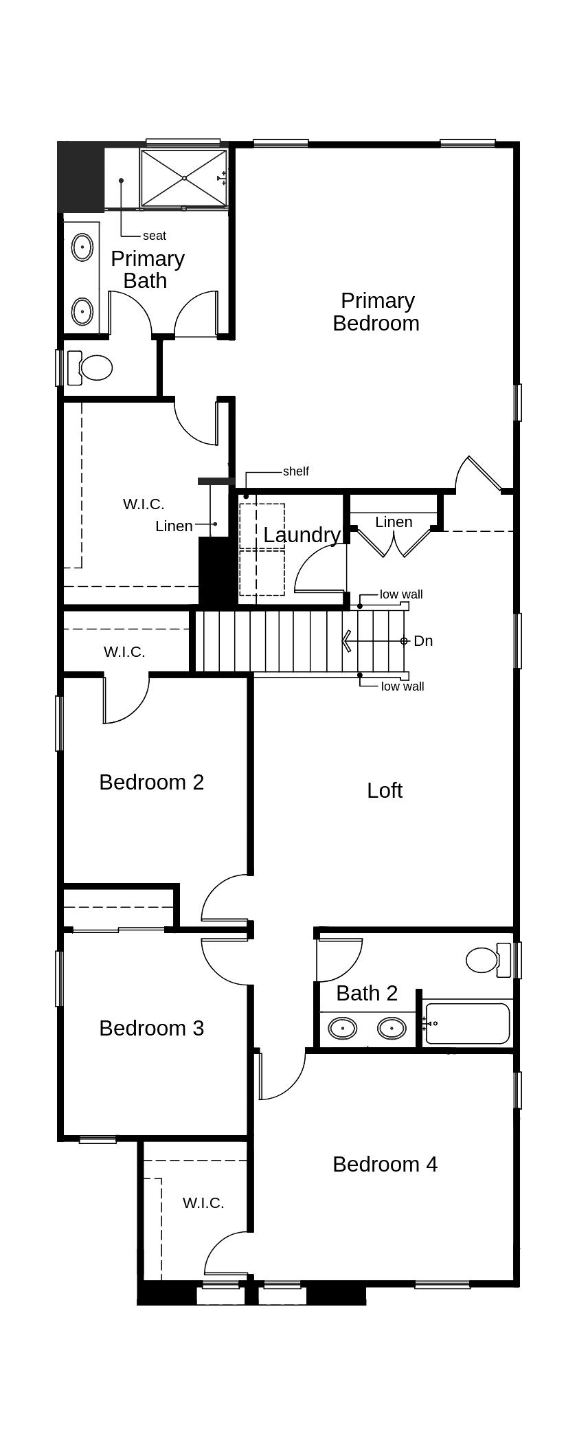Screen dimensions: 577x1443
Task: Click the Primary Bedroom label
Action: (376, 311)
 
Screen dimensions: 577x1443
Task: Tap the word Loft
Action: (385, 790)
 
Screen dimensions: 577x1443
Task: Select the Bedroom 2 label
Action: (152, 782)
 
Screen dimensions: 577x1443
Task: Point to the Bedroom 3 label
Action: (152, 1028)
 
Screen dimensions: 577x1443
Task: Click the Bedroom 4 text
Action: (385, 1164)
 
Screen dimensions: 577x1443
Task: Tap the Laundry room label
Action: (302, 535)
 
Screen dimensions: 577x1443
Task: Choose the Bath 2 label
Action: (367, 993)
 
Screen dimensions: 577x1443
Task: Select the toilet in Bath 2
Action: (488, 959)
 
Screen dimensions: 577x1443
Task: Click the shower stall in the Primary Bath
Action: (184, 178)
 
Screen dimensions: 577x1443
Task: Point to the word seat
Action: (155, 236)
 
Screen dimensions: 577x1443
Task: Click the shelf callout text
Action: (296, 471)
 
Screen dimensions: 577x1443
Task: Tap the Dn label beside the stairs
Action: (423, 641)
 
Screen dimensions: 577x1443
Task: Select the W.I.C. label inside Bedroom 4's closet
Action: (203, 1202)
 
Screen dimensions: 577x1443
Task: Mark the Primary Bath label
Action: (147, 269)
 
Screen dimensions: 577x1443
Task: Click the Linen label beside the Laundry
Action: (394, 522)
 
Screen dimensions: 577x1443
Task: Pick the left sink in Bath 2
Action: (342, 1028)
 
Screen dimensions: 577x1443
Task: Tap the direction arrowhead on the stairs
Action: (347, 641)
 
